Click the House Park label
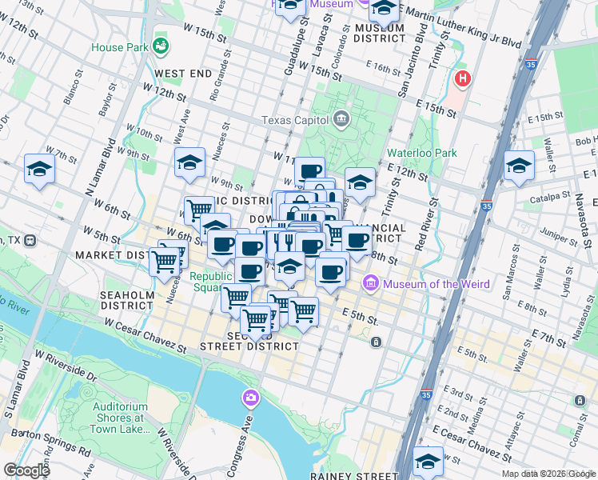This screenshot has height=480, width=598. tap(120, 47)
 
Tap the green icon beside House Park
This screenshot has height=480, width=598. tap(161, 46)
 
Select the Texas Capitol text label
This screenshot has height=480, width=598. tap(297, 121)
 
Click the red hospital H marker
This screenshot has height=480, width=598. tap(462, 79)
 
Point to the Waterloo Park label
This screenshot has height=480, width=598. tap(421, 152)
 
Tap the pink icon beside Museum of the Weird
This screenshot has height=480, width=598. tap(371, 283)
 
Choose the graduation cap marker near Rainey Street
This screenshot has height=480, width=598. tap(429, 462)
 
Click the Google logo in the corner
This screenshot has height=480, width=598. tap(26, 470)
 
